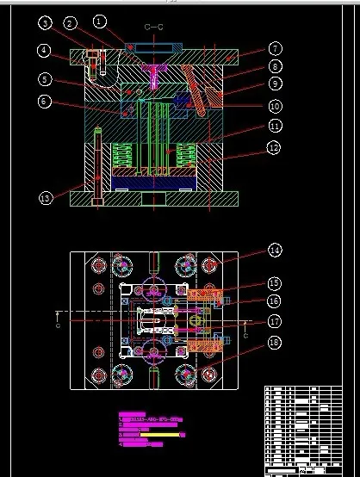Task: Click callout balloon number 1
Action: [x=100, y=20]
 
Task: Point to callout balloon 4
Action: [x=43, y=51]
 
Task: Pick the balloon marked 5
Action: [x=43, y=80]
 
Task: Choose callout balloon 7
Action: [x=275, y=49]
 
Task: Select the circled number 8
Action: [x=275, y=66]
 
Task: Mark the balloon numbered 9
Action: [x=275, y=84]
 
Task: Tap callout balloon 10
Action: [x=275, y=106]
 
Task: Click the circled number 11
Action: [x=275, y=126]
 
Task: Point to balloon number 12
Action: [x=275, y=148]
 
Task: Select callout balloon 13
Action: [x=46, y=198]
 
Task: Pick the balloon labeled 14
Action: [x=274, y=251]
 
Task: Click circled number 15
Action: [x=274, y=282]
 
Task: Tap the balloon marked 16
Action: [x=274, y=300]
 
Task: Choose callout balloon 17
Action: [x=274, y=321]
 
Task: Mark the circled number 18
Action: [x=274, y=343]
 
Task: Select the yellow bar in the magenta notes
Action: [x=168, y=435]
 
